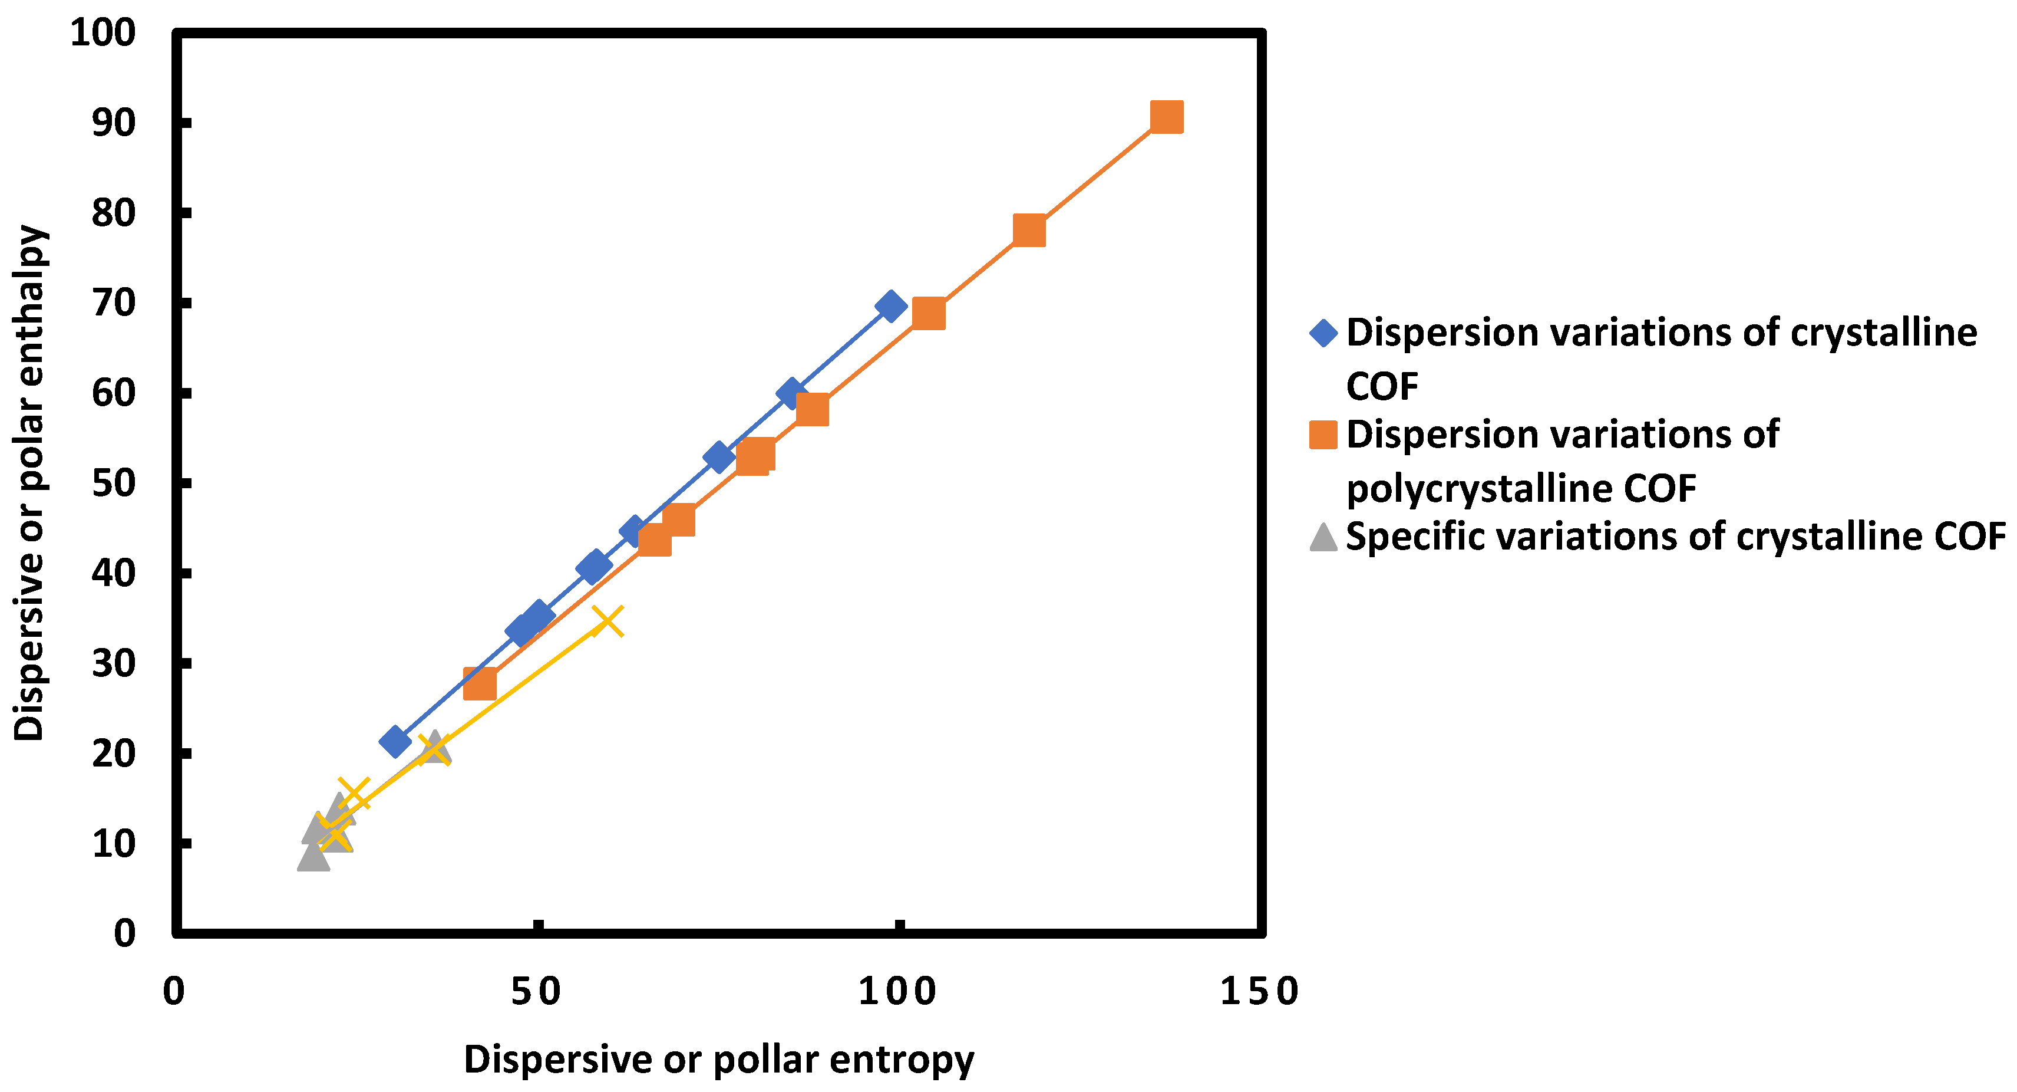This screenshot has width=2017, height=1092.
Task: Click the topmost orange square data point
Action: (1166, 117)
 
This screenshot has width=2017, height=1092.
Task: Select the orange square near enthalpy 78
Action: (1029, 231)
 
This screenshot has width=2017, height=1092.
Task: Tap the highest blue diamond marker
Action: (890, 305)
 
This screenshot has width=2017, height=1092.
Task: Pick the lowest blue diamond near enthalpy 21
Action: (395, 741)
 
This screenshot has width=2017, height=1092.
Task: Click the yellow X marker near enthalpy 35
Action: (608, 621)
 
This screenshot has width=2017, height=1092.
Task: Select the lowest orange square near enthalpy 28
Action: (479, 684)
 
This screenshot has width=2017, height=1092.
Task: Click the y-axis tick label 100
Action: (103, 33)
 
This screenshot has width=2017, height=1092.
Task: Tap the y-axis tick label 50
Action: (114, 483)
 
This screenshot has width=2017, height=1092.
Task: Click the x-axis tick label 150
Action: (1259, 992)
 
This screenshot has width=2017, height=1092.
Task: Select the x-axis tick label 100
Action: (897, 992)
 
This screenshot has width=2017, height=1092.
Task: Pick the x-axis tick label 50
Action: (536, 992)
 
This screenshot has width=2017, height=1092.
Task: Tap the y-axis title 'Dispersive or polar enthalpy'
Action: (29, 483)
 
